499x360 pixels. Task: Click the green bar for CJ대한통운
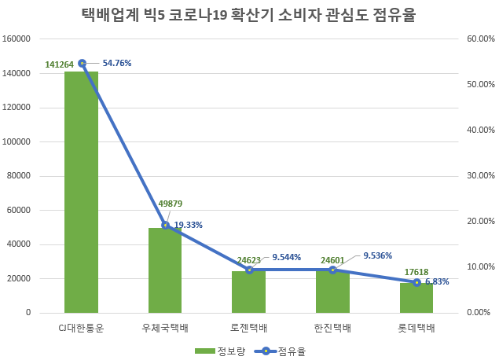(x=81, y=192)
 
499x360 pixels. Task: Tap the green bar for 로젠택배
(x=248, y=292)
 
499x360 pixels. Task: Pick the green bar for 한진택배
(x=332, y=292)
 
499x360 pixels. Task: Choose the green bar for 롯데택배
(x=416, y=298)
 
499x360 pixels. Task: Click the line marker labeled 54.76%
(x=82, y=63)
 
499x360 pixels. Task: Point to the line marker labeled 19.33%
(x=165, y=225)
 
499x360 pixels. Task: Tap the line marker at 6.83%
(x=416, y=282)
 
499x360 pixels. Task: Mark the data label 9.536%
(x=377, y=255)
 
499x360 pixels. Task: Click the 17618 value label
(x=416, y=273)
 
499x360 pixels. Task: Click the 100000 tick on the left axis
(x=17, y=141)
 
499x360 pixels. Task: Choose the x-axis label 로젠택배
(x=248, y=327)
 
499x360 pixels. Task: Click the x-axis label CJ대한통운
(x=81, y=327)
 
